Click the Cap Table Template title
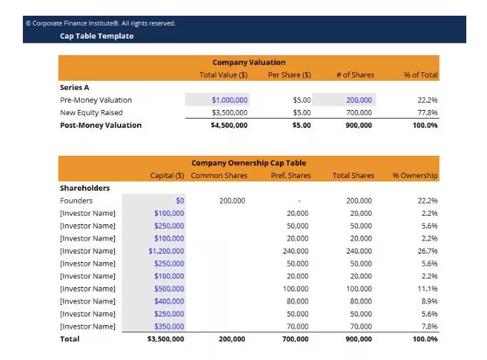click(96, 36)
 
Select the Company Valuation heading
click(248, 62)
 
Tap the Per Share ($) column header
click(289, 75)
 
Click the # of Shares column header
click(356, 75)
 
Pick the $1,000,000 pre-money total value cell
click(229, 100)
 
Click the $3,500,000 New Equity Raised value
click(229, 112)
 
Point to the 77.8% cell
click(427, 112)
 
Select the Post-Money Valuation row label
click(101, 125)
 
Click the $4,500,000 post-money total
click(229, 125)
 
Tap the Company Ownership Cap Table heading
click(248, 163)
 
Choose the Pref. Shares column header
click(291, 176)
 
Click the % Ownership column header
click(415, 176)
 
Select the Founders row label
click(76, 201)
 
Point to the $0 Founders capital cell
click(180, 201)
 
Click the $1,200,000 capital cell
click(166, 251)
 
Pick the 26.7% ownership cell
click(427, 251)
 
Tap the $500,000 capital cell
click(169, 289)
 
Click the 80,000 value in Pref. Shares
click(298, 301)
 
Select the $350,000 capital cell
click(169, 326)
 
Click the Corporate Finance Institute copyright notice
click(101, 24)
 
